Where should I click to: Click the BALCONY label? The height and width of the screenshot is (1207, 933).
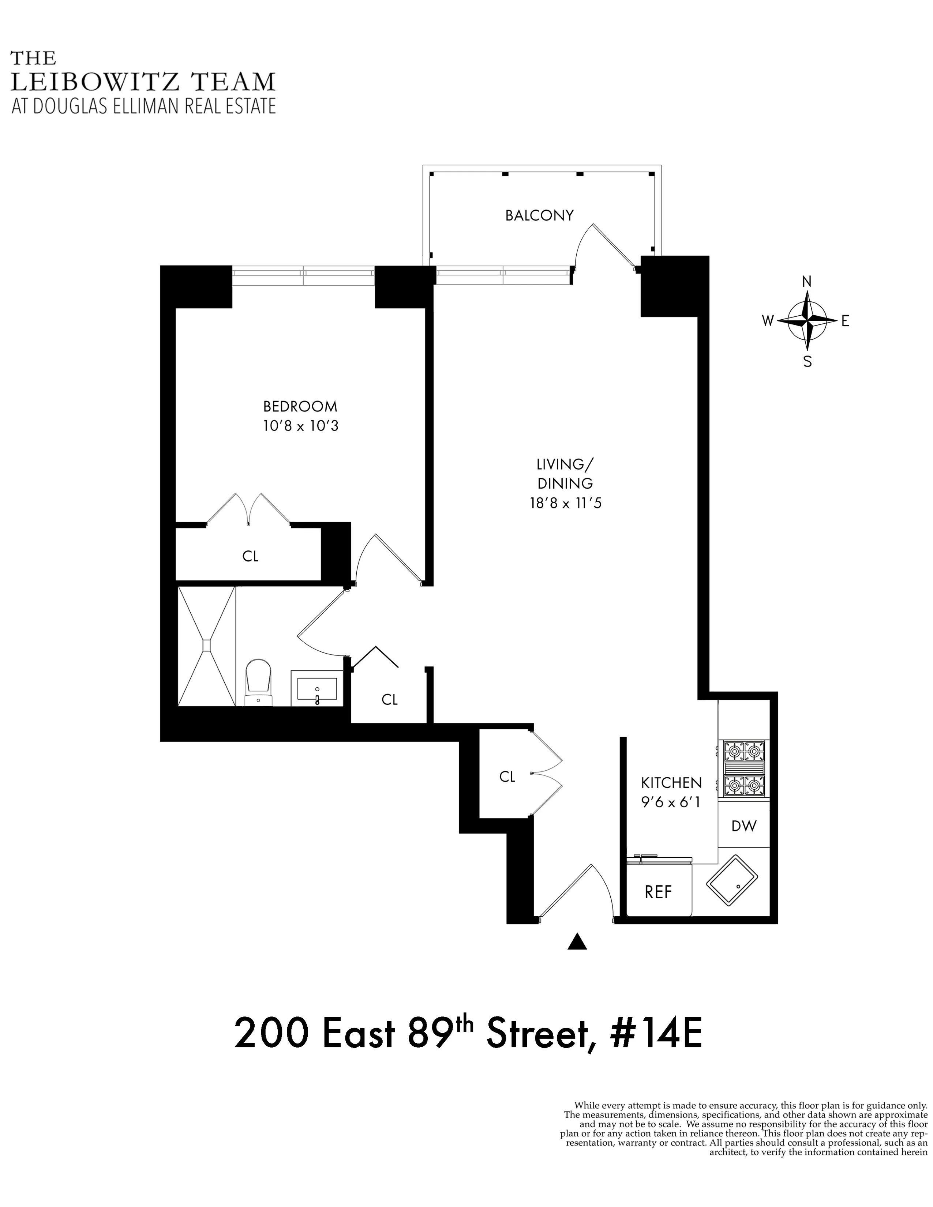[x=539, y=215]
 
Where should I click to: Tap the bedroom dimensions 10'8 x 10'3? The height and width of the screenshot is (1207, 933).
[x=300, y=426]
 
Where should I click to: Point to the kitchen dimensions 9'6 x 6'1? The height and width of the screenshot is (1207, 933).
[x=670, y=802]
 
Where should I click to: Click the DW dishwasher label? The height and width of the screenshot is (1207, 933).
[x=743, y=826]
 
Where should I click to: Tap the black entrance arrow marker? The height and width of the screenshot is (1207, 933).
[x=577, y=941]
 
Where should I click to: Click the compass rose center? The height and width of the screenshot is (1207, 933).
[x=807, y=320]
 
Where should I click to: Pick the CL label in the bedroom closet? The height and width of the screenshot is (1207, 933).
[x=250, y=557]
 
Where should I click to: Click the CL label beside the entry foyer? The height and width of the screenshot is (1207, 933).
[x=507, y=777]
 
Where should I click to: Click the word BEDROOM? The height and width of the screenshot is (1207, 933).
[x=300, y=407]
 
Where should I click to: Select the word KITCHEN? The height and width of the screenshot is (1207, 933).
[x=671, y=783]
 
